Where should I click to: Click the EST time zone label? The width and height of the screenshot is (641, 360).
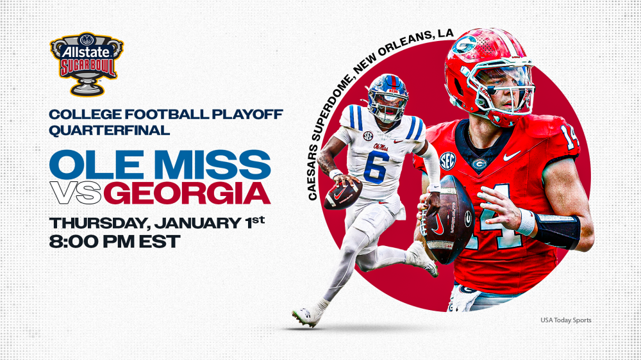point(158,242)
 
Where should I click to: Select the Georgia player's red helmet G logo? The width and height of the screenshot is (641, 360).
point(463,46)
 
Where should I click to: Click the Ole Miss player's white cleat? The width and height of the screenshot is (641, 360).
point(306,315)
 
